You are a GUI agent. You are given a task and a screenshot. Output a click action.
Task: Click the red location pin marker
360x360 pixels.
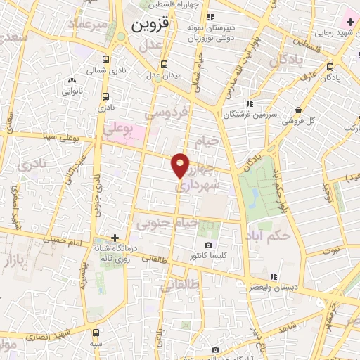point(181,165)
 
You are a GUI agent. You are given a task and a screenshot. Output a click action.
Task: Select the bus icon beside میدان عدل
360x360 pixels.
point(164,64)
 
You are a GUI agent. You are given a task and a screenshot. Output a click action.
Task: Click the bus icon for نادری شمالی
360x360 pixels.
point(105,60)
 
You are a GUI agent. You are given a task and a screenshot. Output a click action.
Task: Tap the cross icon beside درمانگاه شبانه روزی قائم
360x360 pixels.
point(115,238)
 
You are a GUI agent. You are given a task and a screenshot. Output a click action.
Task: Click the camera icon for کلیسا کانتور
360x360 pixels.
point(208,245)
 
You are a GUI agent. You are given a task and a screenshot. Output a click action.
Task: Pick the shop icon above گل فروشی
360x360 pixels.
point(300,110)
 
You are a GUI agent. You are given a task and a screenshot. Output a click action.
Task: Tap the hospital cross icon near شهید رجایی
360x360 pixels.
point(349,22)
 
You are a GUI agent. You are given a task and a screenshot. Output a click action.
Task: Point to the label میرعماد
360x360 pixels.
point(89,25)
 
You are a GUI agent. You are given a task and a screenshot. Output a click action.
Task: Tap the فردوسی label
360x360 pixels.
point(166,112)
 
